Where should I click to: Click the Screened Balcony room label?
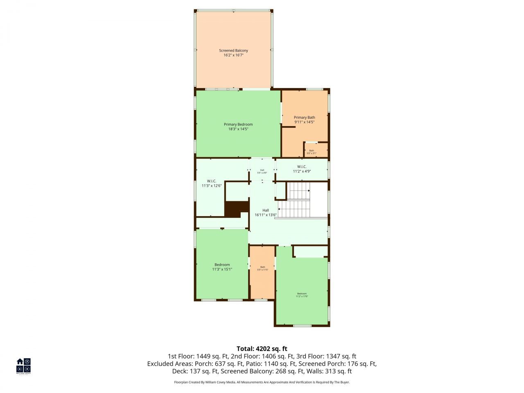(x=233, y=51)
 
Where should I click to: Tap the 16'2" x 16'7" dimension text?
(x=233, y=55)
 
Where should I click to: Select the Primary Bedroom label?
(x=238, y=124)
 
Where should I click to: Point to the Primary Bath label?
(x=305, y=117)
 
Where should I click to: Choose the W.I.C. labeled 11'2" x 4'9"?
(x=302, y=169)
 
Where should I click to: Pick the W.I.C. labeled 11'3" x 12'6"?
(x=212, y=183)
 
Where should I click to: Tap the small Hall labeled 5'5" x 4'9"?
(x=262, y=171)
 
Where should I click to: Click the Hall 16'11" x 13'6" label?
(x=266, y=212)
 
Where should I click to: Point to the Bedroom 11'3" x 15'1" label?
(x=222, y=267)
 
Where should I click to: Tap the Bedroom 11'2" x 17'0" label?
(x=302, y=295)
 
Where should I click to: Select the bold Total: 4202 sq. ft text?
(x=262, y=349)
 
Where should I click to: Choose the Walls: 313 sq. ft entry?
(x=332, y=371)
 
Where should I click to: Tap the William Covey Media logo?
(x=23, y=366)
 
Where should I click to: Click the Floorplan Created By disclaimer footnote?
(x=262, y=382)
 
